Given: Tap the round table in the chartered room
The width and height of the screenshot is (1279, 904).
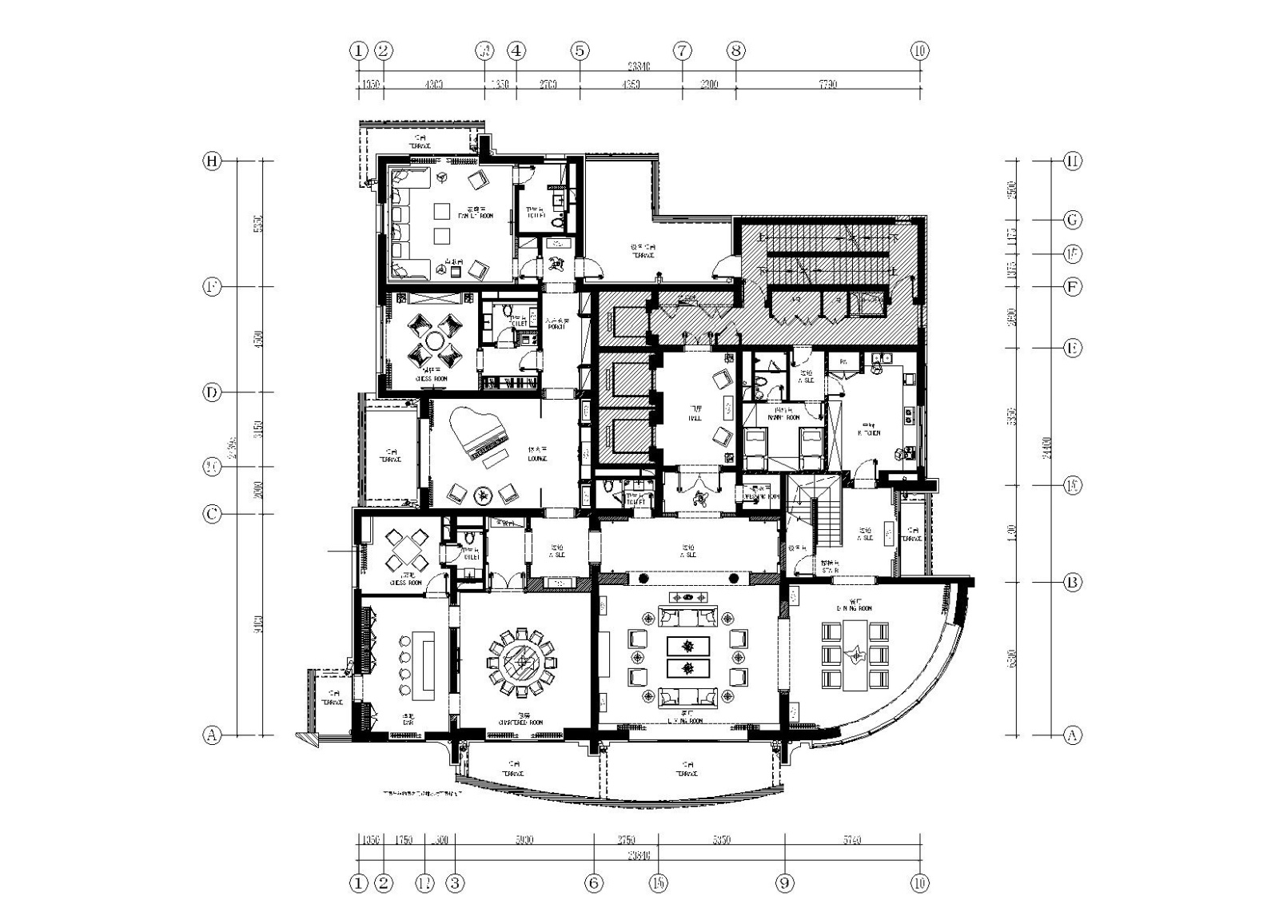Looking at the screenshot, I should pos(525,663).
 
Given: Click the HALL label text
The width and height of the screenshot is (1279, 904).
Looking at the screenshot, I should pos(694,416).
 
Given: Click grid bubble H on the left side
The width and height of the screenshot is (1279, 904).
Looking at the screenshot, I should pos(211,161).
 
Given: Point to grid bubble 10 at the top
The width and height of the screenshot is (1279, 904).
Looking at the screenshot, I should pos(919,50).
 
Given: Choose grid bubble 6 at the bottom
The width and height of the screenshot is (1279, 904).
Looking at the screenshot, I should pos(593,883).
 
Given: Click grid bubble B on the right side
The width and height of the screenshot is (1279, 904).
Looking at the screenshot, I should pos(1073,583).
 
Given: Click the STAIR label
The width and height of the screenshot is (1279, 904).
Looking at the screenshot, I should pos(829,570).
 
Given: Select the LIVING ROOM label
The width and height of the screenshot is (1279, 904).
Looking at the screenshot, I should pos(685,719).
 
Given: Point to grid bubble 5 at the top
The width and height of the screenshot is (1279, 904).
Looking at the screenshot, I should pos(580,50).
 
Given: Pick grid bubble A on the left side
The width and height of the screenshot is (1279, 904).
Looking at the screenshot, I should pos(211,735).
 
